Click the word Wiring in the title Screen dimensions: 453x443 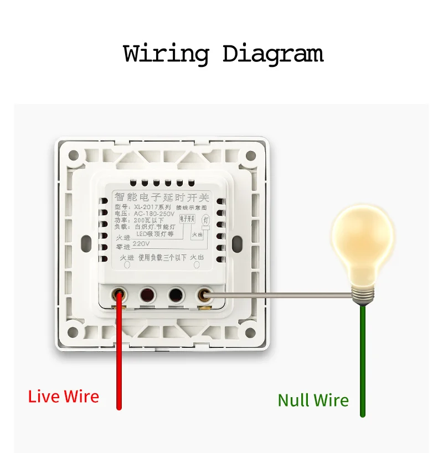166,54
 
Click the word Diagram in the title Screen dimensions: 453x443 272,54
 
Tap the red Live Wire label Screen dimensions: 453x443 64,397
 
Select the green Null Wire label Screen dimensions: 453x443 313,400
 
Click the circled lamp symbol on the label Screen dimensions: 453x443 205,219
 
